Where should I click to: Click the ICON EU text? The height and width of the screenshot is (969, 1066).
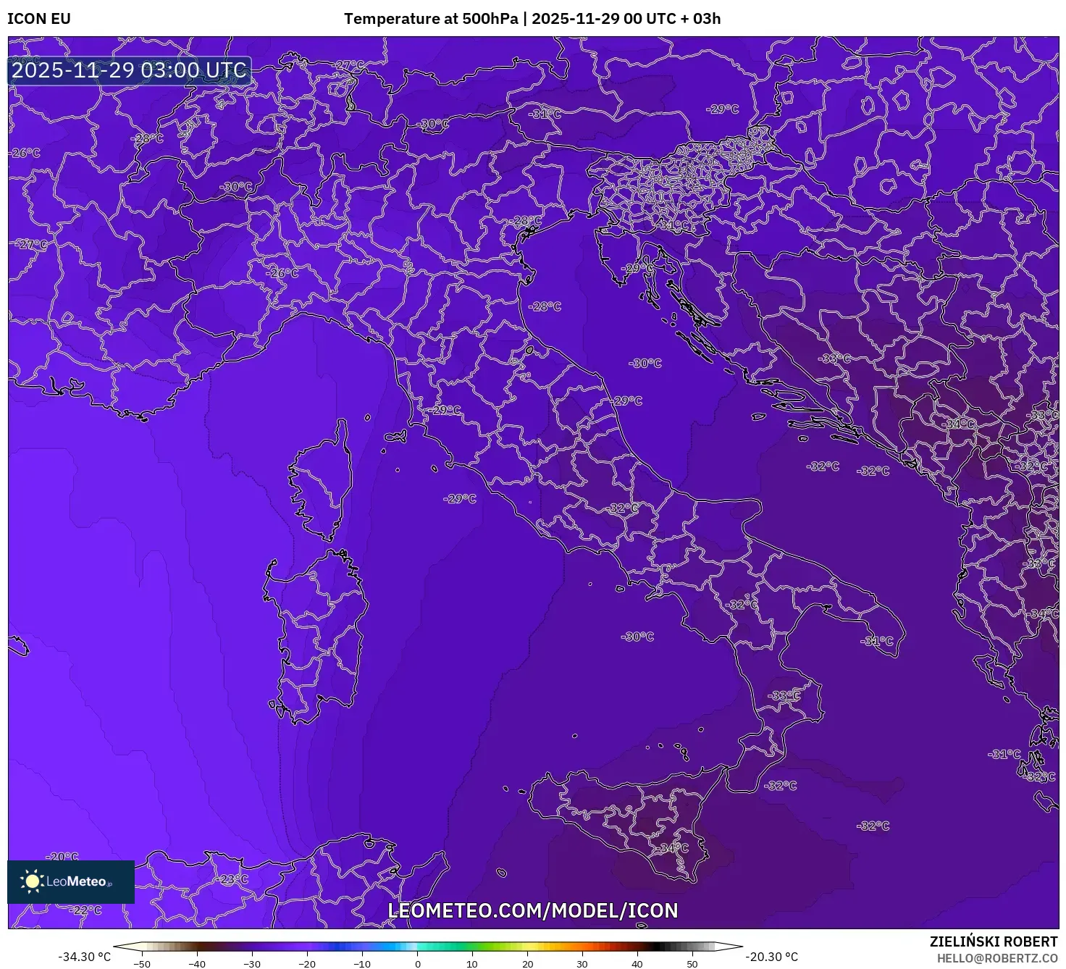pyautogui.click(x=39, y=19)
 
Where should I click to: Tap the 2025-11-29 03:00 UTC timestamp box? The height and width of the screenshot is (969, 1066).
pyautogui.click(x=130, y=70)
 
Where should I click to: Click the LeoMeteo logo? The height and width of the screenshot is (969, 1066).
pyautogui.click(x=70, y=881)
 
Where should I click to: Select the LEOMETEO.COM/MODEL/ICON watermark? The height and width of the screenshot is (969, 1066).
pyautogui.click(x=533, y=910)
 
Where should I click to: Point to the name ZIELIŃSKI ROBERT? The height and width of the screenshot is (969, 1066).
pyautogui.click(x=994, y=941)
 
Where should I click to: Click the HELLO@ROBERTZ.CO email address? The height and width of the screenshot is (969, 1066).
pyautogui.click(x=997, y=958)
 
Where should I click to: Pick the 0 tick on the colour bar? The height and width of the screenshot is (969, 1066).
pyautogui.click(x=418, y=963)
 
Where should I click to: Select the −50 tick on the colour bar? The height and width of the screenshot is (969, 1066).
pyautogui.click(x=142, y=963)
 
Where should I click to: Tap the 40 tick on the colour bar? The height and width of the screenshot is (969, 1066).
pyautogui.click(x=637, y=963)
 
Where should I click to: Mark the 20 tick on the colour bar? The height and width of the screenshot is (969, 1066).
pyautogui.click(x=527, y=963)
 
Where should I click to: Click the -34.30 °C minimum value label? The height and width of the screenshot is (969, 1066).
pyautogui.click(x=85, y=957)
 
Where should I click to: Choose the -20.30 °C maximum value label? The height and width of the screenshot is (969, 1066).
pyautogui.click(x=772, y=957)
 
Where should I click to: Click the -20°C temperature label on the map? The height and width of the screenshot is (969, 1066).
pyautogui.click(x=62, y=857)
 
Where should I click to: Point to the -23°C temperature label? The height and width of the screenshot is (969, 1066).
pyautogui.click(x=232, y=879)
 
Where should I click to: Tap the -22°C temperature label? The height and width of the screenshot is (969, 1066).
pyautogui.click(x=86, y=910)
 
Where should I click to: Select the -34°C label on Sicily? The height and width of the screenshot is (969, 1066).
pyautogui.click(x=673, y=848)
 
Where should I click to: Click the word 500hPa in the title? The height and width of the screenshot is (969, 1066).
pyautogui.click(x=490, y=19)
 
